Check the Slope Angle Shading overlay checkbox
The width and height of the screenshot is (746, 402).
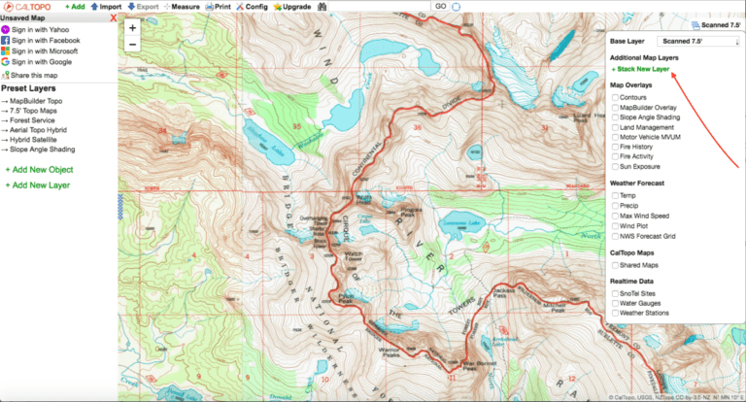615,117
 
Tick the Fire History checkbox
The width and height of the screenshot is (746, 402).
615,145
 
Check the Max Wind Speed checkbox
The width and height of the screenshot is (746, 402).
615,216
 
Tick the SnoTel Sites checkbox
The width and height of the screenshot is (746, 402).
615,294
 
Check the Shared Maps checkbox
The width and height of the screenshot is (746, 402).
615,264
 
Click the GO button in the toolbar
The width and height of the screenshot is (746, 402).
439,7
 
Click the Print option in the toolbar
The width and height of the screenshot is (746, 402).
219,7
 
